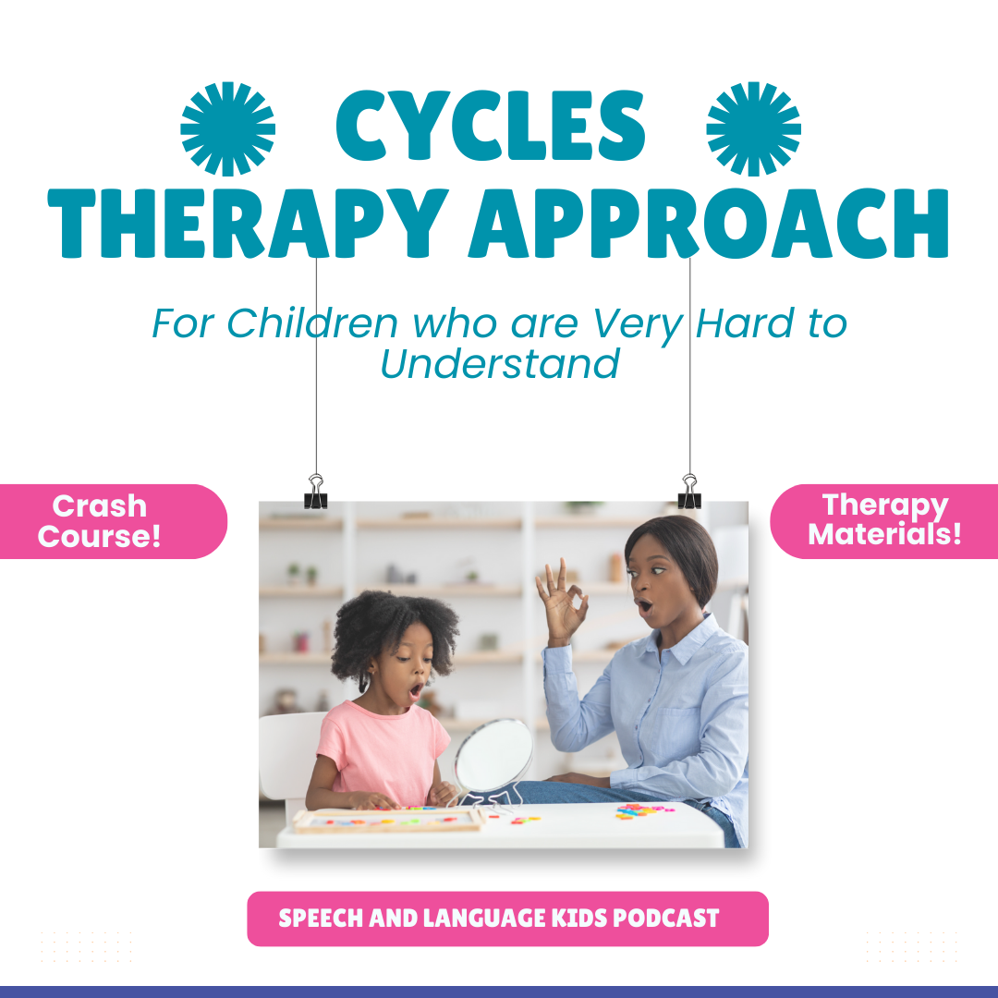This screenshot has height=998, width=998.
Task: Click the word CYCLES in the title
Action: [490, 126]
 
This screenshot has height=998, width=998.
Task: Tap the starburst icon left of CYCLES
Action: [228, 128]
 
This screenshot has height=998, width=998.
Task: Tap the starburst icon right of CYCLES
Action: [754, 128]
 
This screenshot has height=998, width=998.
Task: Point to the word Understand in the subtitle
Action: [500, 363]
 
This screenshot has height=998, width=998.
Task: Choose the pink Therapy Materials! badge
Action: [884, 521]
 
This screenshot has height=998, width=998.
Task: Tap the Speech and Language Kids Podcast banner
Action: [507, 919]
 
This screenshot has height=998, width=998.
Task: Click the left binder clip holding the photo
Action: [316, 492]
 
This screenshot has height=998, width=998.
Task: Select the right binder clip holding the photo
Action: [689, 492]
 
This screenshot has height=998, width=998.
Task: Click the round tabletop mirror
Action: [493, 758]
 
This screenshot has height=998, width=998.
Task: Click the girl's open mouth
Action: [416, 689]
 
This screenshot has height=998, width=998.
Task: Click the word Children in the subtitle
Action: [312, 323]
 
